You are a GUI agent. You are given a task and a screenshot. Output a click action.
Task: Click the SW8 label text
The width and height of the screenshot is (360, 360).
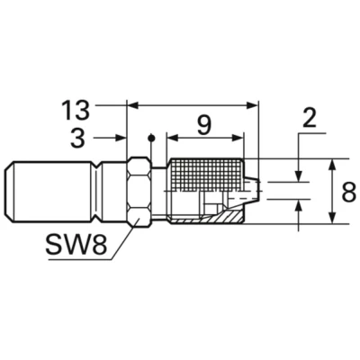pos(78,245)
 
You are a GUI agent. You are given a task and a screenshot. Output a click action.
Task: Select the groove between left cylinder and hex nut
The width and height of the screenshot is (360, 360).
pos(102,190)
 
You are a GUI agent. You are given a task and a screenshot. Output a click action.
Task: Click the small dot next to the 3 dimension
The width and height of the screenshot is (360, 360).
pos(153,138)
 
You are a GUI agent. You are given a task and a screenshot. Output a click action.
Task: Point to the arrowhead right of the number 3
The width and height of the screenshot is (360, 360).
pos(121,138)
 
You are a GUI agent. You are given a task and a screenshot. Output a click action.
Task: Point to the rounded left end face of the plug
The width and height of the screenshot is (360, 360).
pos(11,190)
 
